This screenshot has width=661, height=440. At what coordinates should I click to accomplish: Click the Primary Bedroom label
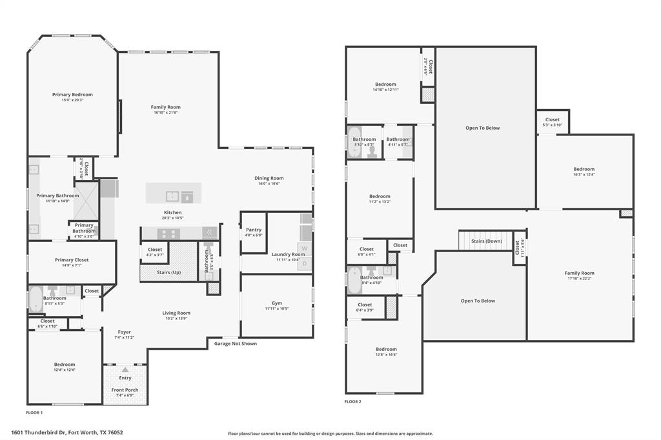click(x=72, y=95)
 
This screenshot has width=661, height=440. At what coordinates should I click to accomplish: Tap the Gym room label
click(x=277, y=303)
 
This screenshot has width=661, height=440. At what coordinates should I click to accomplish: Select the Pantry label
click(x=254, y=230)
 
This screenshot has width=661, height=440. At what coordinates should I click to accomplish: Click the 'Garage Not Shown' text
click(x=236, y=344)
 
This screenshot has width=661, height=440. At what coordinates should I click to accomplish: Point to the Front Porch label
click(x=125, y=390)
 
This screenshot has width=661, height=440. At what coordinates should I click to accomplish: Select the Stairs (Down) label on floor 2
click(x=486, y=241)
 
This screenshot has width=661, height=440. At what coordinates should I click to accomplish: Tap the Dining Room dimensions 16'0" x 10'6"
click(x=269, y=184)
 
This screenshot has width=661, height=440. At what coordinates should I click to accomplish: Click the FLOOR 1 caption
click(x=34, y=412)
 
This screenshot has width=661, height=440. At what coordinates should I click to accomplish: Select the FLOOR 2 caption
click(x=353, y=401)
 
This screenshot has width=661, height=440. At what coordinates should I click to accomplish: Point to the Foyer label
click(x=124, y=332)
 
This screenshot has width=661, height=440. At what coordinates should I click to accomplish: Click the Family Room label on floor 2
click(x=579, y=273)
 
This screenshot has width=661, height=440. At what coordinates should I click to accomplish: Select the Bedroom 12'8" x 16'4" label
click(x=386, y=349)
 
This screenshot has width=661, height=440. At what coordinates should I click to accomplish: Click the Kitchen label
click(x=172, y=212)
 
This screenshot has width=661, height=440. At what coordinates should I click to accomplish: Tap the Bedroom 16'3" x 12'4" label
click(x=584, y=169)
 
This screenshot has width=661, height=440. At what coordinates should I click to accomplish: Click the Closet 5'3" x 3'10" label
click(x=552, y=119)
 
